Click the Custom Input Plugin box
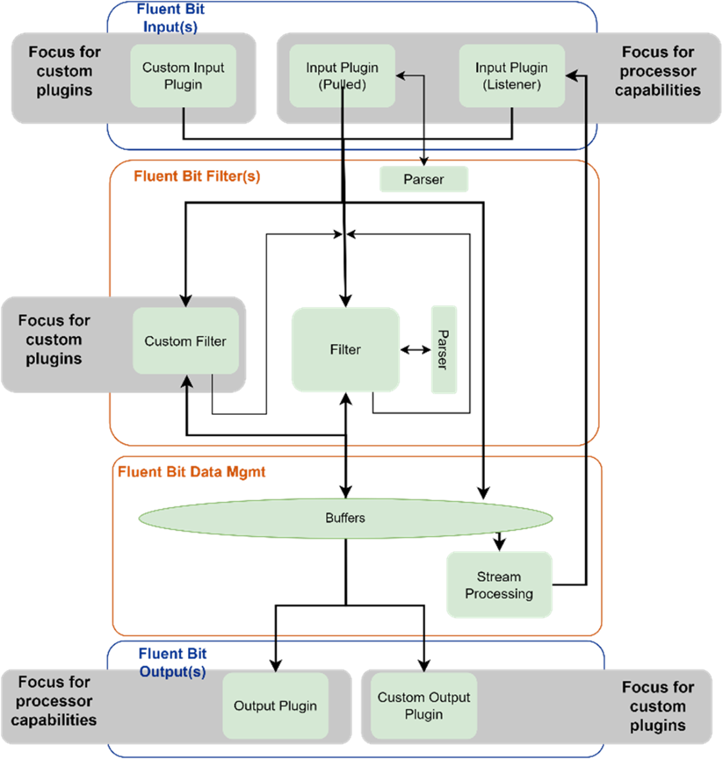coord(183,76)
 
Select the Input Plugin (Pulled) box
coord(342,76)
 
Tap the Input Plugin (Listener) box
coord(511,76)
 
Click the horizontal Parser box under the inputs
coord(424,179)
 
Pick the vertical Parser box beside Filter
coord(444,349)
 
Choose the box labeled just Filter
coord(345,349)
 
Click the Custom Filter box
coord(185,341)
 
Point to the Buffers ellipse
coord(345,518)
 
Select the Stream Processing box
coord(499,585)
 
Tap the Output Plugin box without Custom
coord(275,706)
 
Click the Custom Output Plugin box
coord(424,706)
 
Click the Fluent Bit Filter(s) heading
coord(197,176)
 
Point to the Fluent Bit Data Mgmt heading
coord(192,472)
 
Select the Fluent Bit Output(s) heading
coord(172,662)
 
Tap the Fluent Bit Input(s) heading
coord(170,18)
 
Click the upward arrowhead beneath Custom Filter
coord(187,381)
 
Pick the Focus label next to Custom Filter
coord(54,339)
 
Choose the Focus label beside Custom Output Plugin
coord(658,706)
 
